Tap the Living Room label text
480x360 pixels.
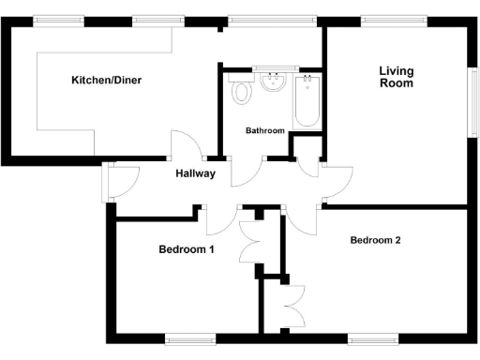[397, 76]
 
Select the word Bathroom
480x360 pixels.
[264, 131]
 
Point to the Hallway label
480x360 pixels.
[196, 173]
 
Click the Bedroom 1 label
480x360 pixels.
[187, 249]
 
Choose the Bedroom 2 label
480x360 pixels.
[376, 240]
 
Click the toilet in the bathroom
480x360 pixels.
[243, 93]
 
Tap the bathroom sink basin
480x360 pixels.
[275, 82]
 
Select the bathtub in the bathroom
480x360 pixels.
[307, 101]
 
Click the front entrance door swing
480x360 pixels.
[122, 181]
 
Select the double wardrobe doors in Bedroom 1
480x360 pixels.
[250, 241]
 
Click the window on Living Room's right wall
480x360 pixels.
[472, 99]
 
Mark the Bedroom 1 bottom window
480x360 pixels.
[190, 338]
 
